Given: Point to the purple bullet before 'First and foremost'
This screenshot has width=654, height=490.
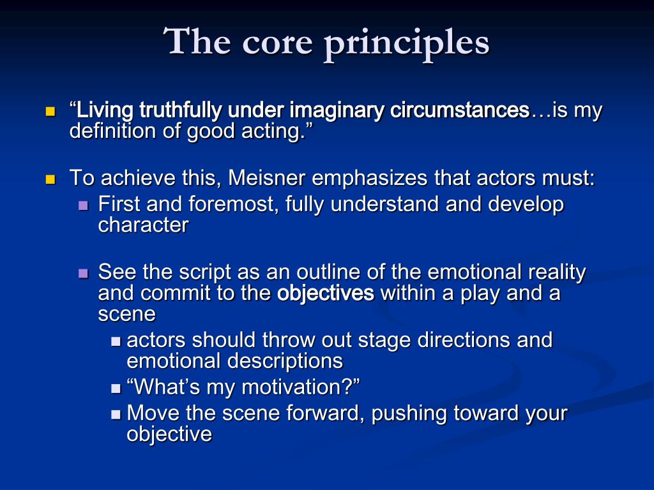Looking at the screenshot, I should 82,206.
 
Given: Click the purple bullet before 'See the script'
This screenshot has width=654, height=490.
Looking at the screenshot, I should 82,273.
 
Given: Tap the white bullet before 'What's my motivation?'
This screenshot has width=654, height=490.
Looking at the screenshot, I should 116,387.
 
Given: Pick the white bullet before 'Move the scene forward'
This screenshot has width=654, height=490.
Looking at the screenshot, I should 116,414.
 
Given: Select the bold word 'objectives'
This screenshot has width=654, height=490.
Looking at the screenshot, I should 325,293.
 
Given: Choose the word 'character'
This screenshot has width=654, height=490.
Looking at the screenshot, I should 143,225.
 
